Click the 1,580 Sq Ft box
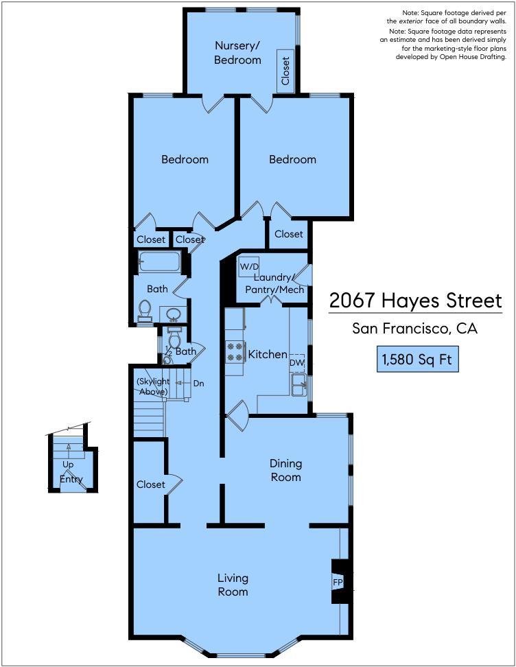tap(417, 359)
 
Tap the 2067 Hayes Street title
tap(415, 301)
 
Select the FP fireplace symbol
tap(338, 582)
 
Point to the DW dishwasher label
tap(296, 362)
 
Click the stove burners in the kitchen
tap(235, 352)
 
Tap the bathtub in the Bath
tap(159, 262)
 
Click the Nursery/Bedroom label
tap(237, 53)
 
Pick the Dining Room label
tap(285, 471)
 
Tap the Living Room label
tap(233, 584)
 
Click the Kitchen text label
tap(267, 354)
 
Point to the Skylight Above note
tap(152, 386)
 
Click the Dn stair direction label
tap(199, 383)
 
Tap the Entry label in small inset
tap(71, 479)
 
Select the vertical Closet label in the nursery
tap(285, 70)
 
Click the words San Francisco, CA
tap(414, 329)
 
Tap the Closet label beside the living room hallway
tap(150, 484)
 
